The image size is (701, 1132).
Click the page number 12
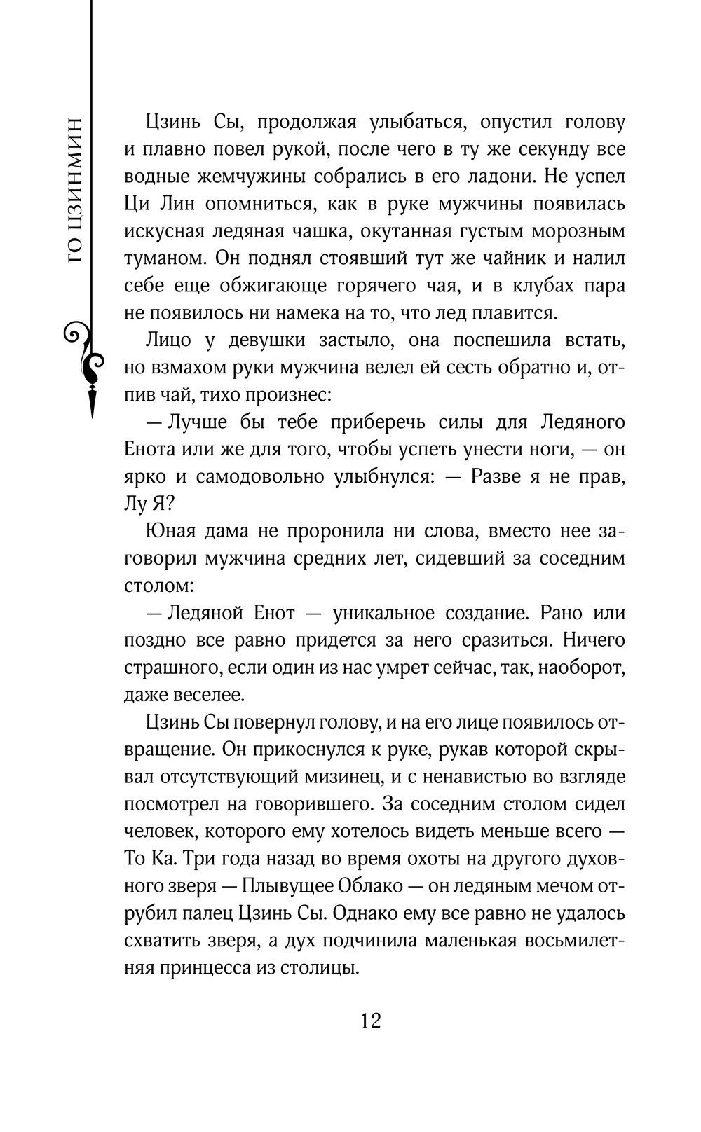click(x=371, y=1020)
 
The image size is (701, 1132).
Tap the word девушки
click(x=266, y=340)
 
